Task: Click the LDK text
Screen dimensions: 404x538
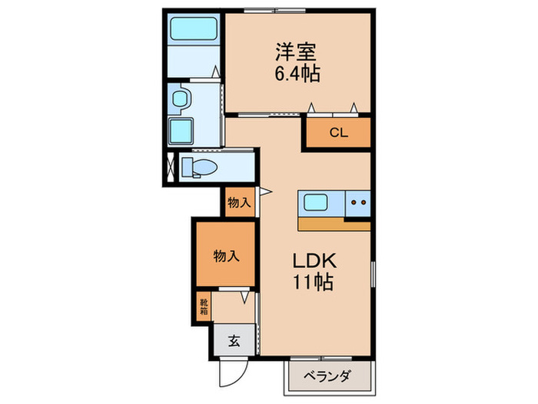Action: (x=311, y=260)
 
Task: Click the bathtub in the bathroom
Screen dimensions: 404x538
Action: (x=194, y=30)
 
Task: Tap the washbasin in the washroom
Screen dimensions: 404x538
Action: (x=181, y=98)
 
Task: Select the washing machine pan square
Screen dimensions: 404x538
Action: (x=182, y=129)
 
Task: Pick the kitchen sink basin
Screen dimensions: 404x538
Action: (x=317, y=203)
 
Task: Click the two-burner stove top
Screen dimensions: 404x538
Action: (x=357, y=203)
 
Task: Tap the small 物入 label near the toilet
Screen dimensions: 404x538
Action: (x=239, y=204)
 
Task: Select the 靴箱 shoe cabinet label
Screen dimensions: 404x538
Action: (x=203, y=306)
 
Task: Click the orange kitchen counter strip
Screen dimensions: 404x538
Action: (x=334, y=223)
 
